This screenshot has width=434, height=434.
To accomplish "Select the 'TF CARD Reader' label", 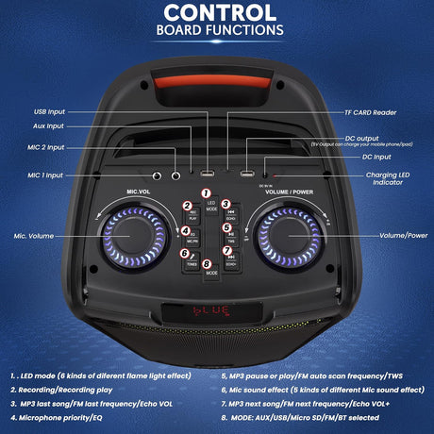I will click(380, 110).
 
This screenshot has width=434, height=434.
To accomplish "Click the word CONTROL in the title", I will click(217, 12).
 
